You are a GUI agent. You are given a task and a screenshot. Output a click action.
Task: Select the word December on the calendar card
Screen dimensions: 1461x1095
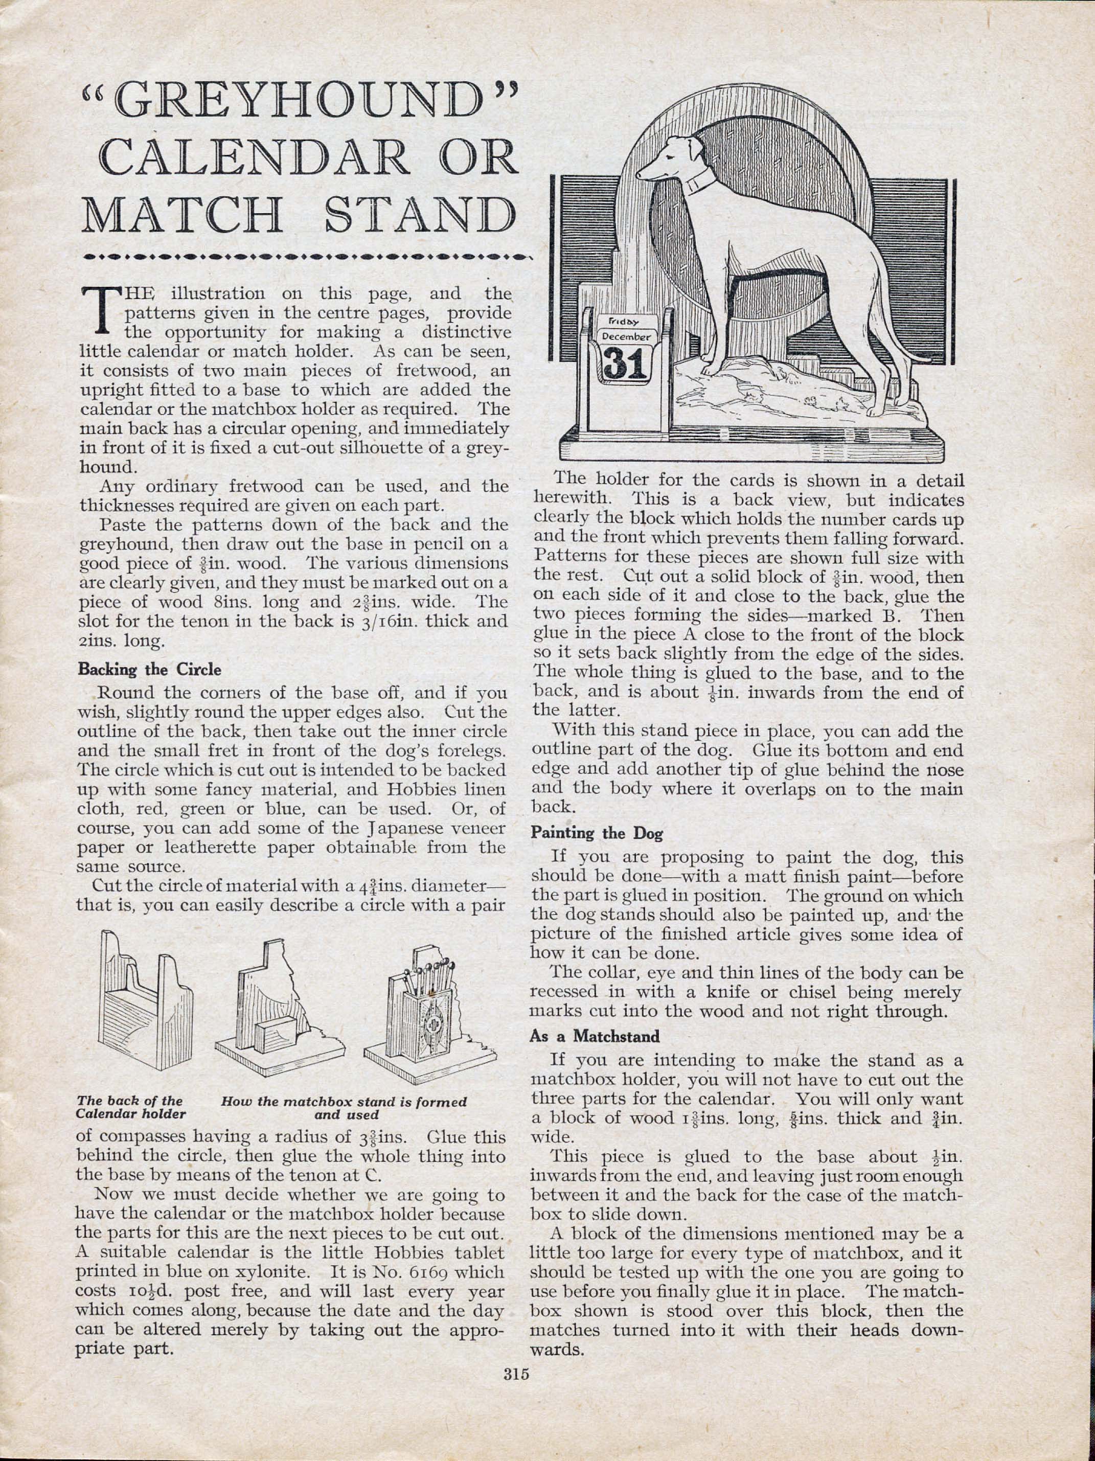(x=625, y=335)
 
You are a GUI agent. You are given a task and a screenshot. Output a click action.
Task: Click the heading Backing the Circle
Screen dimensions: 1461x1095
(x=149, y=669)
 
